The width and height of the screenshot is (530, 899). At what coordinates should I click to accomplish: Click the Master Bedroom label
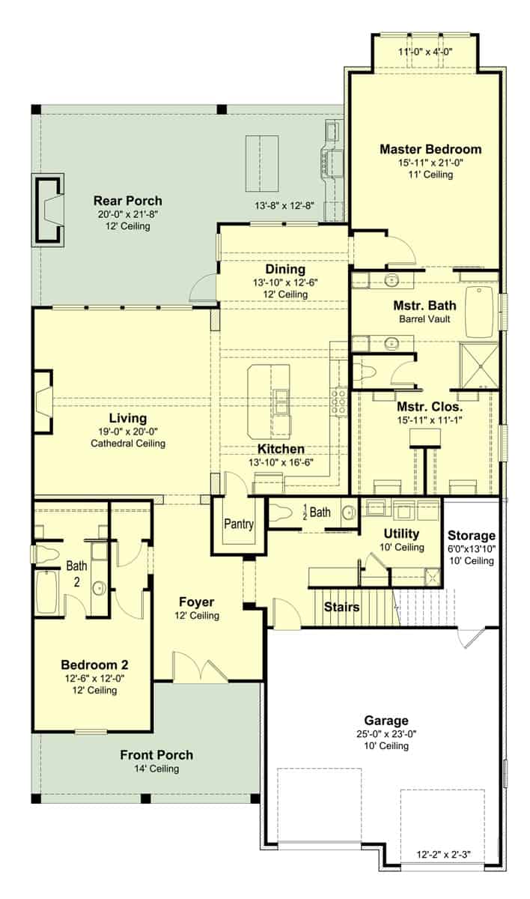coord(430,149)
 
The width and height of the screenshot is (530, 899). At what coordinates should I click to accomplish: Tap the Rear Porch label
coord(127,201)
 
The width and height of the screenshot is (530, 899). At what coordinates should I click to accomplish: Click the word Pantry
coord(239,524)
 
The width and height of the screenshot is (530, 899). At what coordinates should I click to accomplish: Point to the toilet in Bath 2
coord(46,554)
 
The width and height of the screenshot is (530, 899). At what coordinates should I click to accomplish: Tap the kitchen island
coord(272,401)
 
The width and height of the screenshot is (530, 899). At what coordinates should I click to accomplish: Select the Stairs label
coord(341,607)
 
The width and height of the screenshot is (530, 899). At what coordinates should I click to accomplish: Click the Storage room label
coord(472,536)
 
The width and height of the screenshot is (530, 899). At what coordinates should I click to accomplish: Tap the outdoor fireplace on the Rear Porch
coord(49,211)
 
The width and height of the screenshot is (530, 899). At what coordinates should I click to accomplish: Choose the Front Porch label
coord(156,754)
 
